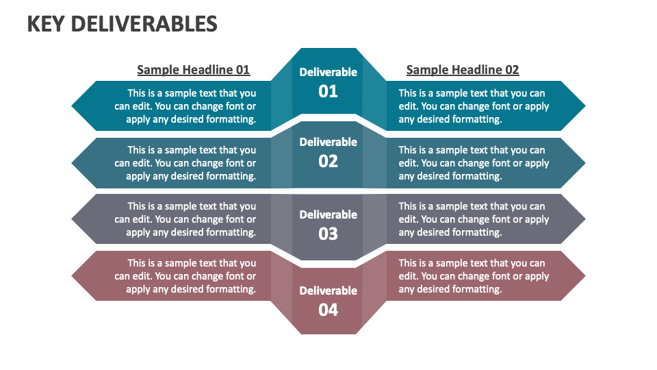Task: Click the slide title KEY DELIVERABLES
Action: (123, 24)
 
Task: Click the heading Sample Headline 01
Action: (194, 70)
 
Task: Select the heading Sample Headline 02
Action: (463, 70)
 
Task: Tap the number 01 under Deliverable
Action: (328, 91)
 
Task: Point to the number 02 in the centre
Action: (328, 162)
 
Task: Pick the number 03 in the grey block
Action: (328, 234)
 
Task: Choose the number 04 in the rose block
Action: (328, 310)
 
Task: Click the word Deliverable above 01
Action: (328, 72)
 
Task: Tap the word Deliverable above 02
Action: (328, 143)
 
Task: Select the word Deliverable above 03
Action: (328, 214)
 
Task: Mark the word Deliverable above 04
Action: (328, 291)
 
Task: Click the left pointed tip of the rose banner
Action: (72, 276)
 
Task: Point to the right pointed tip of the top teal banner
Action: (585, 106)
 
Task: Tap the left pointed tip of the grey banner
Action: (72, 219)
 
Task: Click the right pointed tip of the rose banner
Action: (585, 276)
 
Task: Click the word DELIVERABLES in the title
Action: (144, 24)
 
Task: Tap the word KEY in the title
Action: (46, 24)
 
